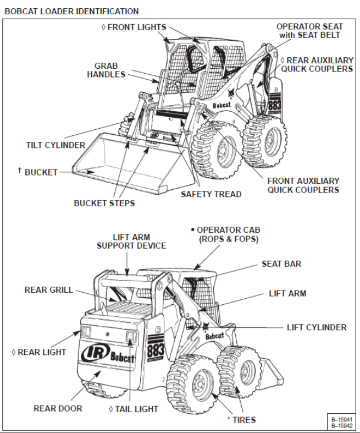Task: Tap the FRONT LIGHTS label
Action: click(136, 27)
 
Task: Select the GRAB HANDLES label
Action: click(106, 70)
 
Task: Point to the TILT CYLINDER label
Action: click(56, 145)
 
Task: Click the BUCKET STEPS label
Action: click(104, 203)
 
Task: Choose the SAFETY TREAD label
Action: click(211, 194)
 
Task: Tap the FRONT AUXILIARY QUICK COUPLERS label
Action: click(303, 185)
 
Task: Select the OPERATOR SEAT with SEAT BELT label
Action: click(309, 30)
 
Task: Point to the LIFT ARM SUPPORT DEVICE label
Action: click(131, 241)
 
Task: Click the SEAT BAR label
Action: click(281, 264)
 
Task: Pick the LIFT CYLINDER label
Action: click(317, 327)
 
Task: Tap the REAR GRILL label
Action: click(49, 290)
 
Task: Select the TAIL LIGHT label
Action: click(136, 409)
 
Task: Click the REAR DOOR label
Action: click(58, 408)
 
